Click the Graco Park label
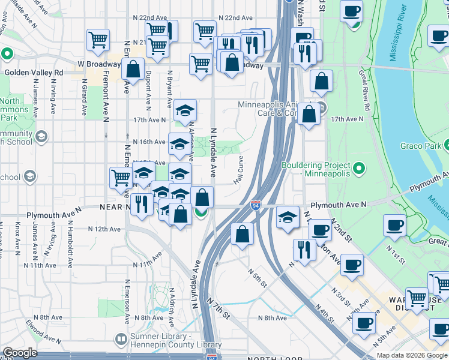[420, 146]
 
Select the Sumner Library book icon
[121, 340]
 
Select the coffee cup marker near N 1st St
[395, 226]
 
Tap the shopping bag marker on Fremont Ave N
[133, 69]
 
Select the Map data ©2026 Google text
[412, 355]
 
